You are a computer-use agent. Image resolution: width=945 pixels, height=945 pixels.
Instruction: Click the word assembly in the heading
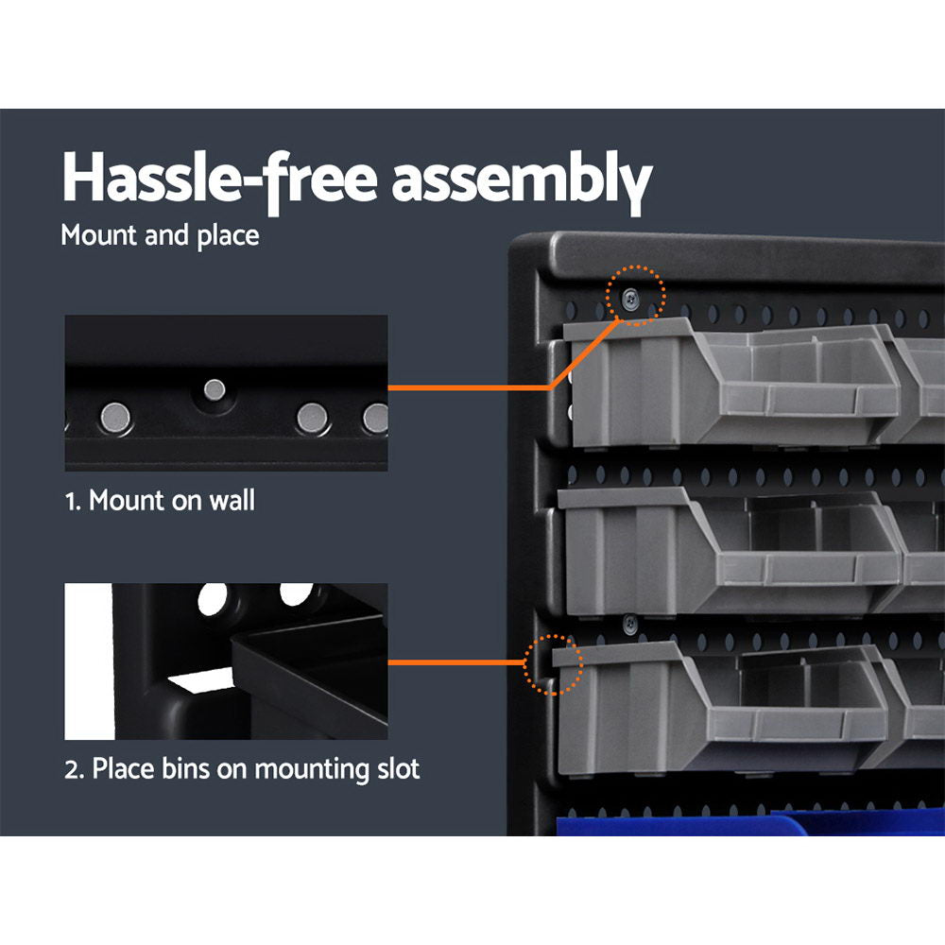pos(522,180)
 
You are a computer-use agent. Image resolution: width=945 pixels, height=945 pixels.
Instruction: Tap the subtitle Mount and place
pos(160,234)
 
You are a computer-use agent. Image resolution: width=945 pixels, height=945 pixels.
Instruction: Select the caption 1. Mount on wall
pos(160,500)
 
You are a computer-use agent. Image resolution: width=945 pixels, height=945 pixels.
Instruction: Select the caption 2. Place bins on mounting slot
pos(242,768)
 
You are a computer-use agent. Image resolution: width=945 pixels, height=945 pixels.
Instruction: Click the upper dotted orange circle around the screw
pos(636,296)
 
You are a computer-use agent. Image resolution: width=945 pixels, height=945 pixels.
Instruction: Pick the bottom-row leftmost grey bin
pos(718,704)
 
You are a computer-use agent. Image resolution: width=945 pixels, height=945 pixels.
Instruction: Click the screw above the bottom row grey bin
pos(628,623)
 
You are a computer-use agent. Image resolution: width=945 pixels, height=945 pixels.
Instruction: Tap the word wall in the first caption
pos(233,500)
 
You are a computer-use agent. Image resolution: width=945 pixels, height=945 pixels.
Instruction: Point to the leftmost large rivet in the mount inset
pos(117,413)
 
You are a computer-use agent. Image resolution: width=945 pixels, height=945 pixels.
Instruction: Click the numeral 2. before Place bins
pos(74,768)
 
